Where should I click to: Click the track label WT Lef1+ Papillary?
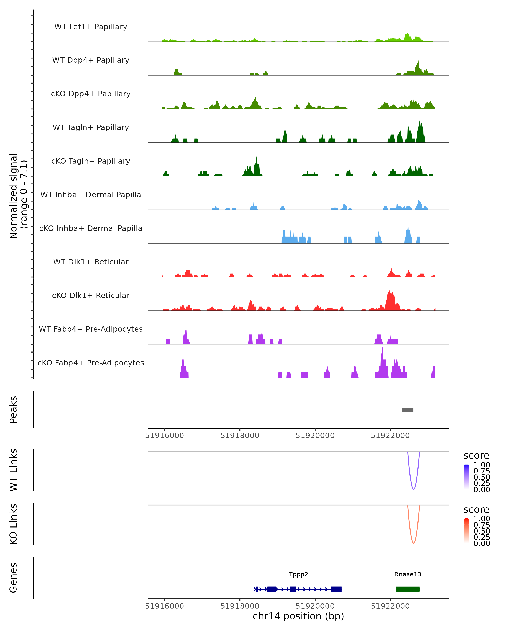click(91, 27)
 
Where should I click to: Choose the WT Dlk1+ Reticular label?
click(91, 262)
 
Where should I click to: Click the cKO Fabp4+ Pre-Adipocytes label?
click(91, 363)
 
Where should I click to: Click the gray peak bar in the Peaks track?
click(408, 410)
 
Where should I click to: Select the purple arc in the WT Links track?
click(413, 489)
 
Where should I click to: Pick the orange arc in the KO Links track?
click(413, 543)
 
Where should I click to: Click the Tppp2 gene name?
click(298, 574)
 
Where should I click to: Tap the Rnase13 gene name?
click(408, 574)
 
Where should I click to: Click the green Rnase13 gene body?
click(408, 589)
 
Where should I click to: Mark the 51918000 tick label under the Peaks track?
click(240, 436)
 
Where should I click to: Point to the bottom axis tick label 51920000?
click(315, 606)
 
